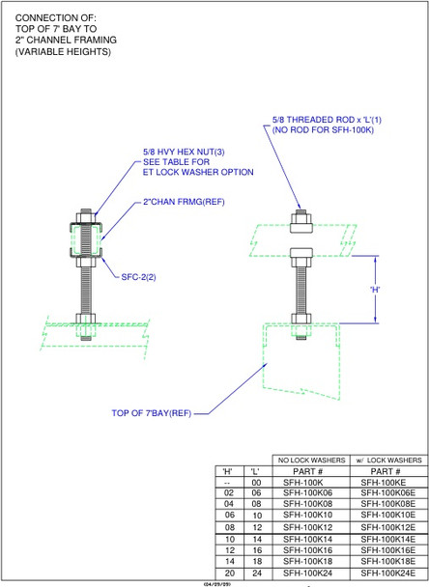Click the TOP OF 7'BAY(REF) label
coord(155,413)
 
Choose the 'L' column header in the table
coord(256,470)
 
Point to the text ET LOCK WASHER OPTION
coord(198,173)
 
